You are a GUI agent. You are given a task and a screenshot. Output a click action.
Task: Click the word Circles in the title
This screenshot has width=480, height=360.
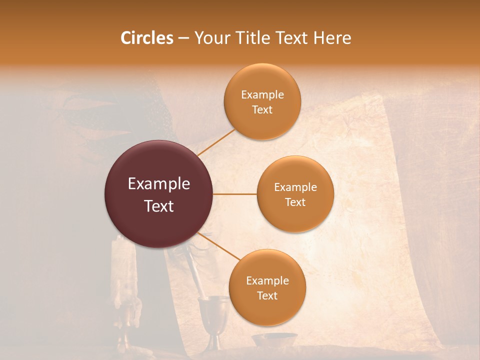[x=146, y=38]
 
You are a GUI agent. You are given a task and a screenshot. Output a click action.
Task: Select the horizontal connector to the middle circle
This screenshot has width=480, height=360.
[x=234, y=194]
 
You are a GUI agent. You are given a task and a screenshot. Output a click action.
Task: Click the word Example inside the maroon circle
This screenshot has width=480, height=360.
[x=159, y=184]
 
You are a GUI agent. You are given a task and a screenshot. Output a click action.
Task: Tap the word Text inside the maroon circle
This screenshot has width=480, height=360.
[x=159, y=206]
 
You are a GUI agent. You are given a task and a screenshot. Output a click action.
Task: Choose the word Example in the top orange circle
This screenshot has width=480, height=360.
[x=262, y=94]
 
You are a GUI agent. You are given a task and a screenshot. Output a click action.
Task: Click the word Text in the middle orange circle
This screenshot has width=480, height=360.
[x=295, y=202]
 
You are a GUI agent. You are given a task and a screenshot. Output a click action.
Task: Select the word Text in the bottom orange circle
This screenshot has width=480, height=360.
[x=267, y=295]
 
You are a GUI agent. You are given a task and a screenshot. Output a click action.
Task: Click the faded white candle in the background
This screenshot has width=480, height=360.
[x=122, y=280]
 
